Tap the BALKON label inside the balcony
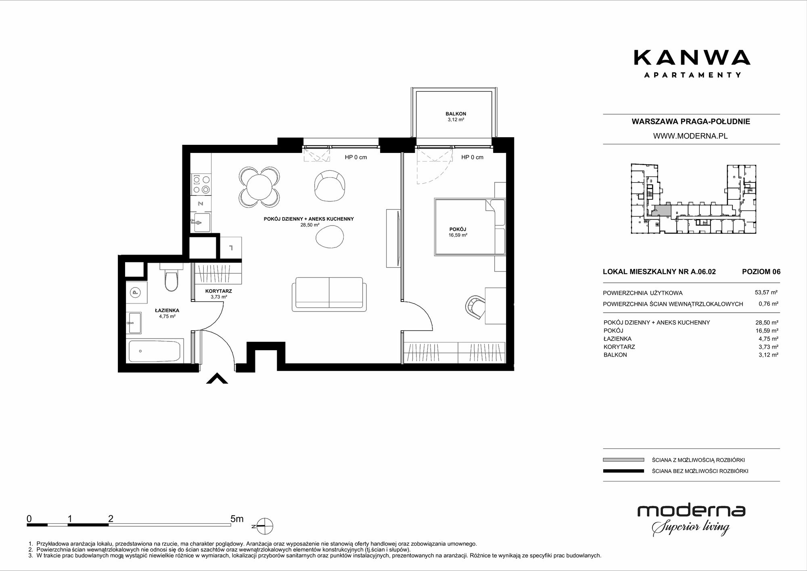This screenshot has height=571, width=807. [x=456, y=114]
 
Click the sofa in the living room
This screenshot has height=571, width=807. [x=329, y=294]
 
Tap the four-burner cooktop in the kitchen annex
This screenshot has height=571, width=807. [x=201, y=184]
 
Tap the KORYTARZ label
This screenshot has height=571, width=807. [x=218, y=291]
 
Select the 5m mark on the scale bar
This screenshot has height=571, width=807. [x=237, y=519]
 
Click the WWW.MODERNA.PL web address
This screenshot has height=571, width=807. [x=690, y=136]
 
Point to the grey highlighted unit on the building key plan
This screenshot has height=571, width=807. [x=662, y=211]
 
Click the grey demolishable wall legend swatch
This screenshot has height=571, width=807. [x=623, y=460]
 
